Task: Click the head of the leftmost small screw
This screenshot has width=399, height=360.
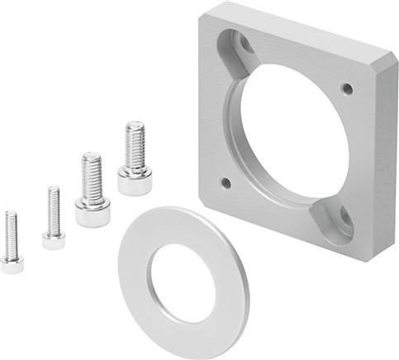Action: point(12,263)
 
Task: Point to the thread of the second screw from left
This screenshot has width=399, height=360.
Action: point(53,206)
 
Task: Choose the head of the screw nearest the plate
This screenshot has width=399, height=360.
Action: point(133,180)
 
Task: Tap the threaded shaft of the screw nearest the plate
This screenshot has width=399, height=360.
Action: point(135,144)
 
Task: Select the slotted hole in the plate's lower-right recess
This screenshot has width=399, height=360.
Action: point(338,221)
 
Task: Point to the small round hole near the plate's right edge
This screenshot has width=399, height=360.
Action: point(347,88)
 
